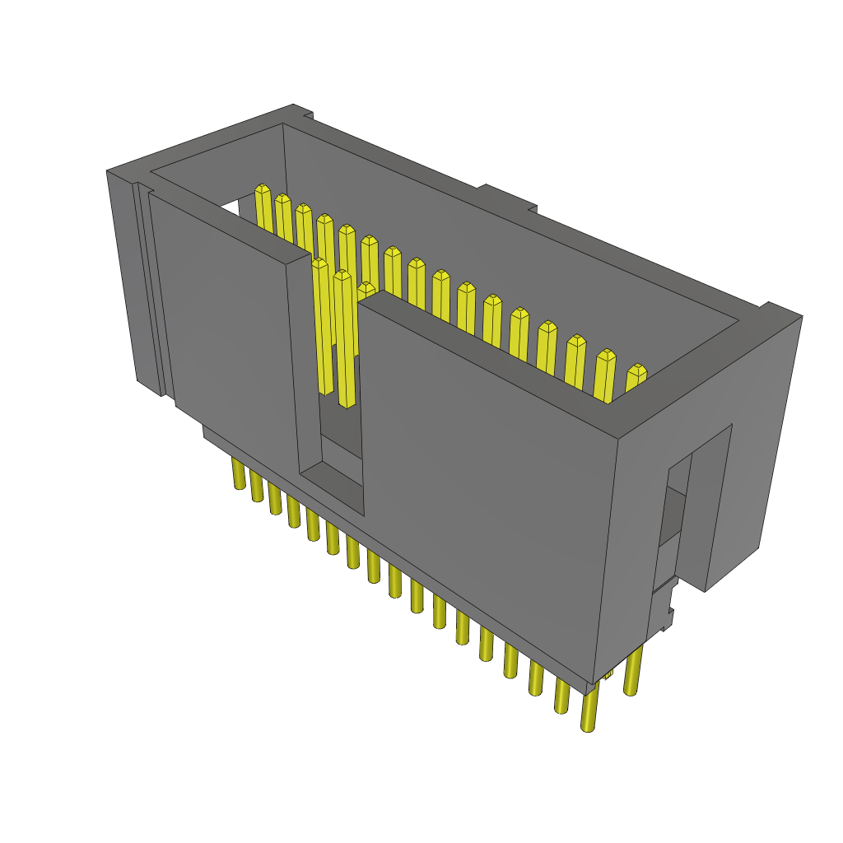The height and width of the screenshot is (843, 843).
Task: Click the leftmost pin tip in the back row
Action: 263,192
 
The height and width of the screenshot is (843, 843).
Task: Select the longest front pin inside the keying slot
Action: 345,338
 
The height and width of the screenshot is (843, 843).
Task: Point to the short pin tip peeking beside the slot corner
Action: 366,289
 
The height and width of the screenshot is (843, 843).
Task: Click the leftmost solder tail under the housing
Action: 239,475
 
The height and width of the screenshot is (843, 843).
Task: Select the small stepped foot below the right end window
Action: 664,613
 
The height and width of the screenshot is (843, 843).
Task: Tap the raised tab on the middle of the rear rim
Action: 506,198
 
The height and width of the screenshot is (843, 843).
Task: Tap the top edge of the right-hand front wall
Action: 494,362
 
